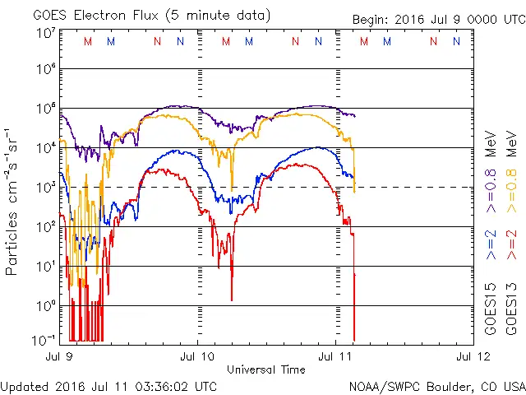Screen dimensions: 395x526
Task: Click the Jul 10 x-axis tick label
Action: click(197, 356)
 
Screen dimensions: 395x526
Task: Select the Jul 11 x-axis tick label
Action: click(335, 356)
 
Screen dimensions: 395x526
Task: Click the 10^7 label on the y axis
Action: click(45, 33)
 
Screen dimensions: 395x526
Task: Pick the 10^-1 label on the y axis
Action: click(44, 339)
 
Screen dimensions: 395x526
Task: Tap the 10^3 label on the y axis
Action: click(45, 187)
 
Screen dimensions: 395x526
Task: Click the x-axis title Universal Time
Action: click(266, 369)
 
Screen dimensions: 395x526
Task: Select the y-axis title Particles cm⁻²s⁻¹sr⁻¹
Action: click(14, 202)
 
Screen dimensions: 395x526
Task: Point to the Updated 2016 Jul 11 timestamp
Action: click(108, 385)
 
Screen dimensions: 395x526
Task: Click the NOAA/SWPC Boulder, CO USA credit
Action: click(436, 385)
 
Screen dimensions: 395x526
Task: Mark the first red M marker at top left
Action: click(88, 41)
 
